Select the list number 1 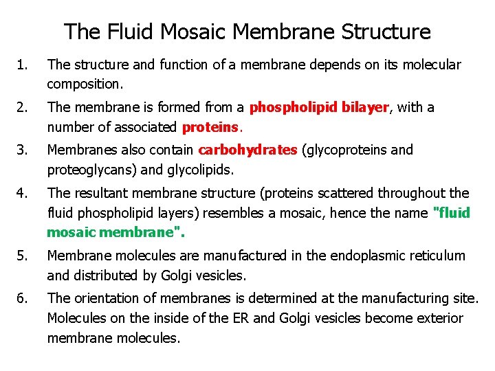point(23,65)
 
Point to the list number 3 point(23,150)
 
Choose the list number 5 point(23,256)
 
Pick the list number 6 point(23,298)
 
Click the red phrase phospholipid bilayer point(320,107)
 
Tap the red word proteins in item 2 point(211,127)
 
